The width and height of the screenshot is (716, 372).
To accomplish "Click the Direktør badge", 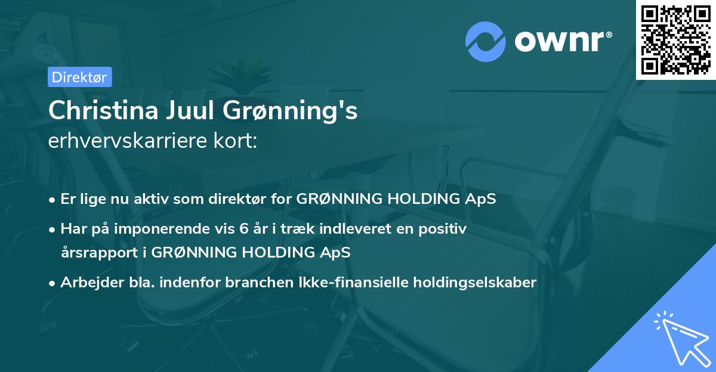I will tap(79, 77).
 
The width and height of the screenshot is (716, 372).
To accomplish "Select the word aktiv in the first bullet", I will tap(153, 199).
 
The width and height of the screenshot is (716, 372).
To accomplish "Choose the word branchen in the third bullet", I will tap(250, 282).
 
